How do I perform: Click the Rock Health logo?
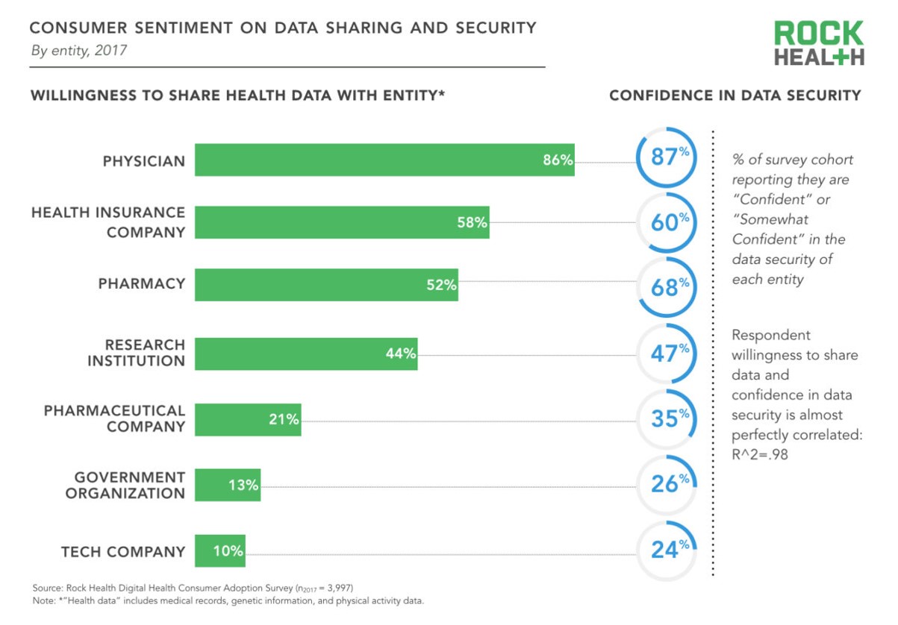coord(819,44)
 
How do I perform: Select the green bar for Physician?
coord(384,160)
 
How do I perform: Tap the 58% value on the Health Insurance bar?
coord(472,222)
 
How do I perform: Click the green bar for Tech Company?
coord(219,551)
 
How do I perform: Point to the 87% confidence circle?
coord(665,157)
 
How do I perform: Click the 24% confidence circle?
coord(665,550)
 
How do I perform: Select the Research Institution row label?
coord(136,353)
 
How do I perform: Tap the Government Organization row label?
coord(125,485)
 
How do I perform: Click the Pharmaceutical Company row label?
coord(114,418)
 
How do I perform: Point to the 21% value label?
coord(284,419)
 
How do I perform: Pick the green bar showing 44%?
coord(305,354)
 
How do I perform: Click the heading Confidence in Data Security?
coord(735,95)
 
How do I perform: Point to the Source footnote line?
coord(198,588)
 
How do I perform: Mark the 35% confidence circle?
coord(665,419)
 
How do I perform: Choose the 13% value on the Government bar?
coord(243,486)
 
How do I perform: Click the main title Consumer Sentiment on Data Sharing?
coord(282,28)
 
